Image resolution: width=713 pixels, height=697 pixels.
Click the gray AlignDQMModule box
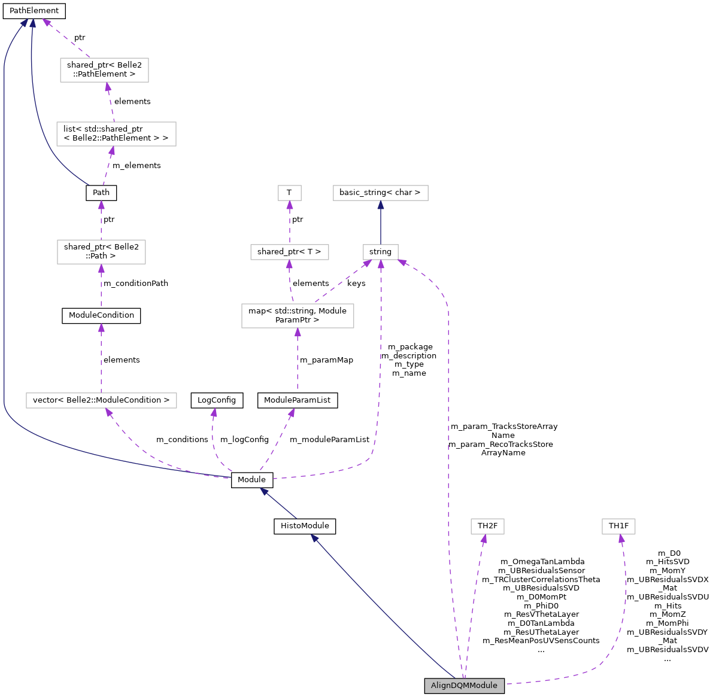tap(464, 686)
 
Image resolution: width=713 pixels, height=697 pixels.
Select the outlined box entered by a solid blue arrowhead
tap(380, 193)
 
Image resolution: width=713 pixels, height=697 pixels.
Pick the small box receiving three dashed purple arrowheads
tap(380, 252)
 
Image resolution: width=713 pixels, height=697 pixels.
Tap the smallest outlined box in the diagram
tap(289, 193)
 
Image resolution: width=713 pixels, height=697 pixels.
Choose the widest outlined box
tap(101, 400)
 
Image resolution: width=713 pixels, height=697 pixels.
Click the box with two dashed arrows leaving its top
tap(298, 316)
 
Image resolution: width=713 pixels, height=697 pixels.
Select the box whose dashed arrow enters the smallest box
tap(289, 252)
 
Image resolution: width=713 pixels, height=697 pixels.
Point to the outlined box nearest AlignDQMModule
tap(487, 526)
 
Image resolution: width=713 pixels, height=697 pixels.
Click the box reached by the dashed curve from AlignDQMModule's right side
tap(618, 526)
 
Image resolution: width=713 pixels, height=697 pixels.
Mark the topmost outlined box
tap(104, 70)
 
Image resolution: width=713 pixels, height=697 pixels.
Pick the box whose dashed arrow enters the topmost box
tap(116, 134)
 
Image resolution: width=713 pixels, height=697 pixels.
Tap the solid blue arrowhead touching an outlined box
tap(380, 205)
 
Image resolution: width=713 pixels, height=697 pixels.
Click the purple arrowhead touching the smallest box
tap(289, 205)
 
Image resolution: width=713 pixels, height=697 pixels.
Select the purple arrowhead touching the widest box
tap(108, 412)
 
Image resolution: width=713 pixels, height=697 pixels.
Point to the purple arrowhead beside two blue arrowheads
tap(46, 23)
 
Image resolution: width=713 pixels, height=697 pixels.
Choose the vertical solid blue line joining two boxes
tap(380, 224)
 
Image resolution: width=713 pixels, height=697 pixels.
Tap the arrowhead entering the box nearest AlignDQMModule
tap(484, 538)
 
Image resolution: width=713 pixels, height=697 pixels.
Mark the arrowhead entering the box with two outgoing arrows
tap(298, 332)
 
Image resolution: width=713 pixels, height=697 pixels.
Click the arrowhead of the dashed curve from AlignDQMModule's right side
tap(621, 538)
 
